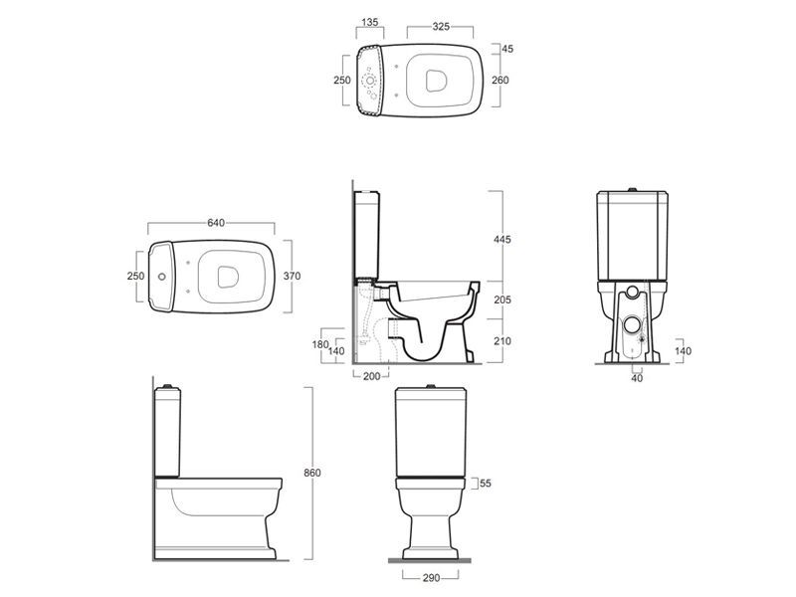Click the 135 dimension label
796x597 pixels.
point(369,22)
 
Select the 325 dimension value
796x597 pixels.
point(441,27)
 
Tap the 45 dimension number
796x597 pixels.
point(507,49)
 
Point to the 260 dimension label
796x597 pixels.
point(500,80)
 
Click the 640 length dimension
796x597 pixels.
point(216,223)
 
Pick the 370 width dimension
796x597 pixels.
point(292,277)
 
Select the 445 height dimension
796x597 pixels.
point(502,239)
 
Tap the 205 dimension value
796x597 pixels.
point(502,300)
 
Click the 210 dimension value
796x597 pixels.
point(502,341)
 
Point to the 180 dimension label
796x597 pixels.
point(320,344)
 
